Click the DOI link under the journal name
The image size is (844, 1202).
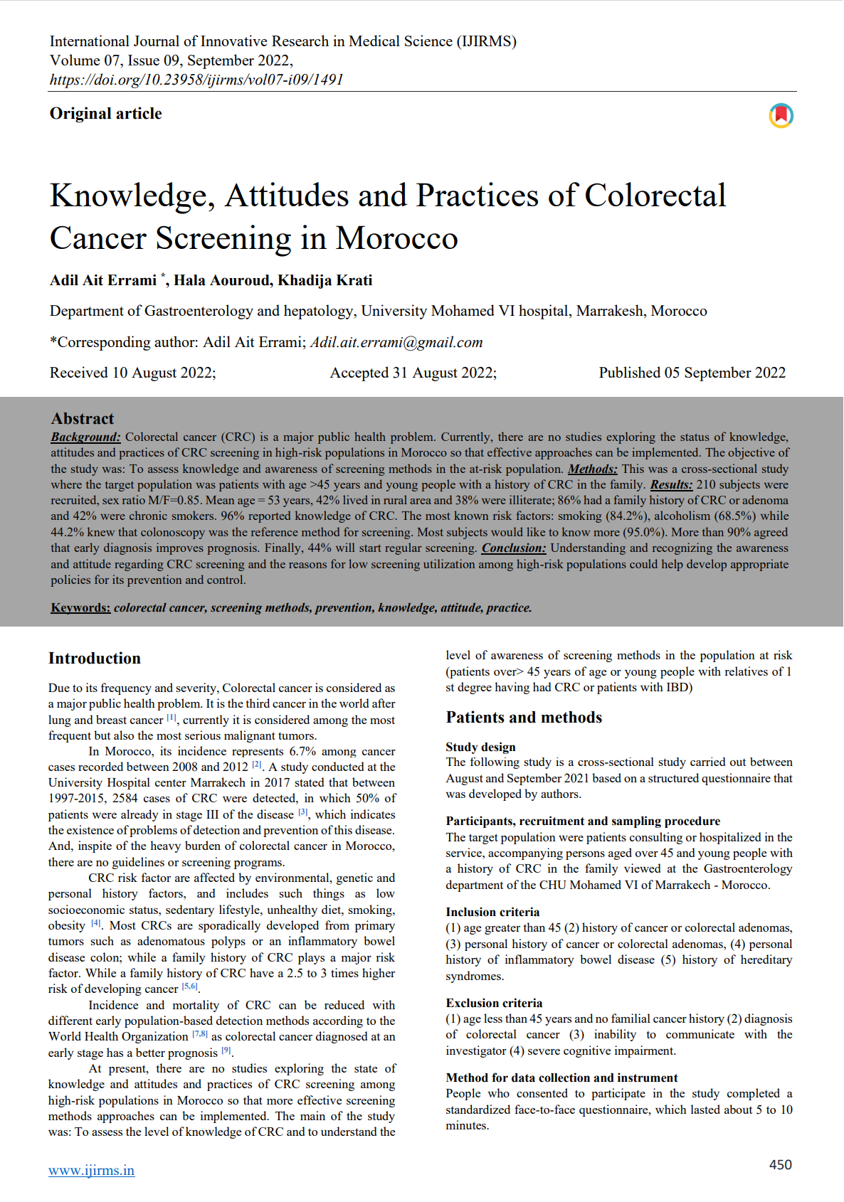pos(196,80)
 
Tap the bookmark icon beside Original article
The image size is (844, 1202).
pos(781,115)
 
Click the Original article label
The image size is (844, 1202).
pos(105,114)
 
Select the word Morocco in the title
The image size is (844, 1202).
pos(396,238)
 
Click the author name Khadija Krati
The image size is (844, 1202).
pos(325,280)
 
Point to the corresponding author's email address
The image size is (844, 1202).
pos(396,342)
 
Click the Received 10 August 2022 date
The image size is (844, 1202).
pos(132,373)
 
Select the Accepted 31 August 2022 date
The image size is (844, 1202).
pos(413,373)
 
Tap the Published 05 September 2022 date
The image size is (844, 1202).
pos(692,373)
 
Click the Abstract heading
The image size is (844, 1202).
pos(83,418)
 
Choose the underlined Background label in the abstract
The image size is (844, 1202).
pos(85,437)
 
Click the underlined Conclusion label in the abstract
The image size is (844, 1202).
pos(514,548)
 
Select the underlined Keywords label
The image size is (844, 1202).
pos(80,607)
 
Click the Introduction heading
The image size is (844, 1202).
pos(95,659)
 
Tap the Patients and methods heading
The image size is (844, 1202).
pos(524,718)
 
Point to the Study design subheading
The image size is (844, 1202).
pos(480,747)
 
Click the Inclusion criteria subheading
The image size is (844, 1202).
pos(492,912)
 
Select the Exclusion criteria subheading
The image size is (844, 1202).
pos(494,1003)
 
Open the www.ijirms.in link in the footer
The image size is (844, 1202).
pos(91,1171)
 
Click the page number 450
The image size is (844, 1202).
pos(780,1164)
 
